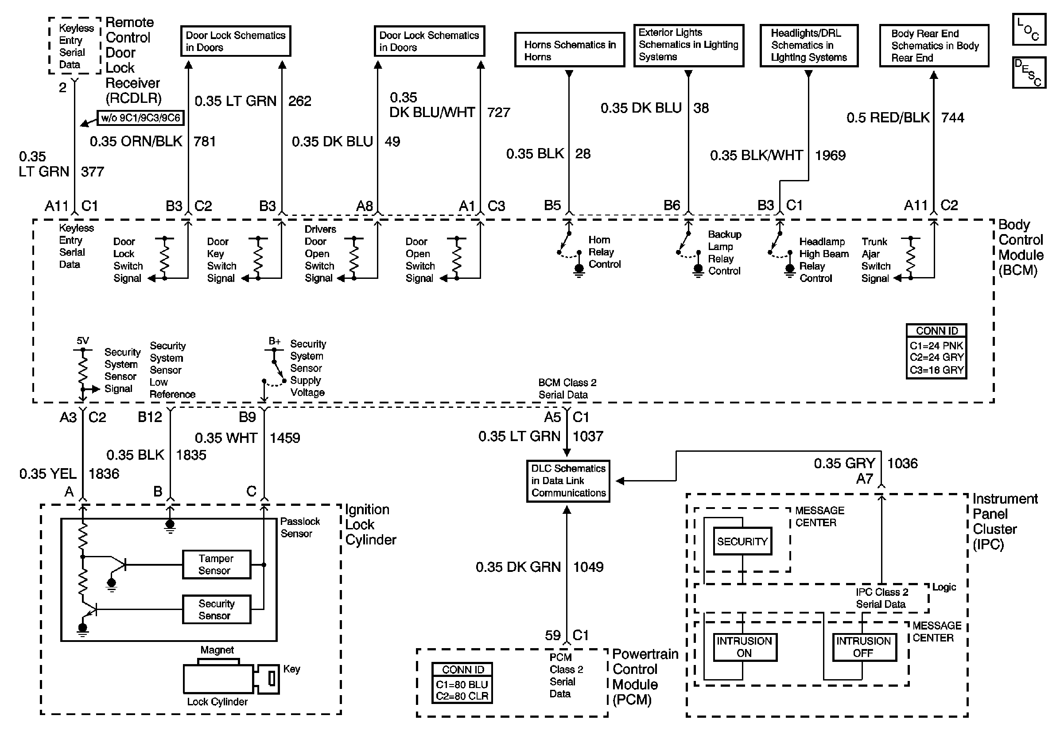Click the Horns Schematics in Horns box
[x=570, y=50]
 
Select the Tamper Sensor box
[x=217, y=564]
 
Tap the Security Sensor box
[x=217, y=609]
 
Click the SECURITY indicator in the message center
[x=742, y=541]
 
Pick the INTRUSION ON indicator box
[x=745, y=647]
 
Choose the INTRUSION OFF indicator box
[x=864, y=647]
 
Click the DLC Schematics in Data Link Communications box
[x=568, y=481]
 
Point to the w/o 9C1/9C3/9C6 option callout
[x=140, y=118]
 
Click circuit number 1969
[x=830, y=155]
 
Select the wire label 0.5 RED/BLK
[x=888, y=118]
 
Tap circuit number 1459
[x=284, y=438]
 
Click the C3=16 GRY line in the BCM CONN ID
[x=936, y=370]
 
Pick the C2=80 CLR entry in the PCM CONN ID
[x=462, y=696]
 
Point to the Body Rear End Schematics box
[x=934, y=46]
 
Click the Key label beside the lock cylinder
[x=291, y=669]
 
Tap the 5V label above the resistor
[x=82, y=341]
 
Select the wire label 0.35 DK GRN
[x=518, y=567]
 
